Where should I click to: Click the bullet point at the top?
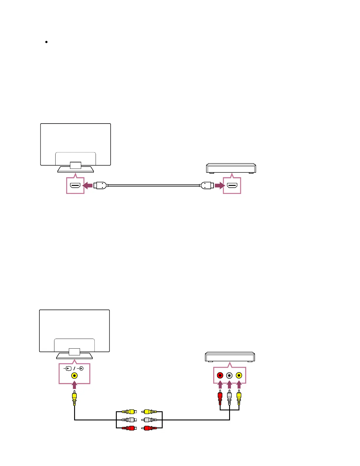click(x=46, y=42)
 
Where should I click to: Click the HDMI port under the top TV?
click(x=75, y=186)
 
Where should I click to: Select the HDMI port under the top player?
click(x=232, y=186)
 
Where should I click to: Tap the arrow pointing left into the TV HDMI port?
click(x=87, y=186)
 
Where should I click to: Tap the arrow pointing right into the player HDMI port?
click(x=219, y=186)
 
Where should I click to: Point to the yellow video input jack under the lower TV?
click(x=74, y=376)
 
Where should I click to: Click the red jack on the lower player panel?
click(x=220, y=375)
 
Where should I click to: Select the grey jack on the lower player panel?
click(x=229, y=375)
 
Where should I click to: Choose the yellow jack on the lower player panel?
click(x=239, y=375)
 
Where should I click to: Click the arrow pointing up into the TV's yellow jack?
click(x=74, y=385)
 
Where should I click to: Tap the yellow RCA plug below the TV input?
click(x=74, y=398)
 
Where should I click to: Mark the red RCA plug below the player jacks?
click(x=220, y=397)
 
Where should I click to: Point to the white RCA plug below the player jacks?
click(x=229, y=397)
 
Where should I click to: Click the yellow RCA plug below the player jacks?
click(x=239, y=397)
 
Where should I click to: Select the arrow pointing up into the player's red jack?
click(x=220, y=385)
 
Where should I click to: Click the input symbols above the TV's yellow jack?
click(x=74, y=368)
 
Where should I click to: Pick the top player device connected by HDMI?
click(x=231, y=168)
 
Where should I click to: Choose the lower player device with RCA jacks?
click(x=230, y=357)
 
